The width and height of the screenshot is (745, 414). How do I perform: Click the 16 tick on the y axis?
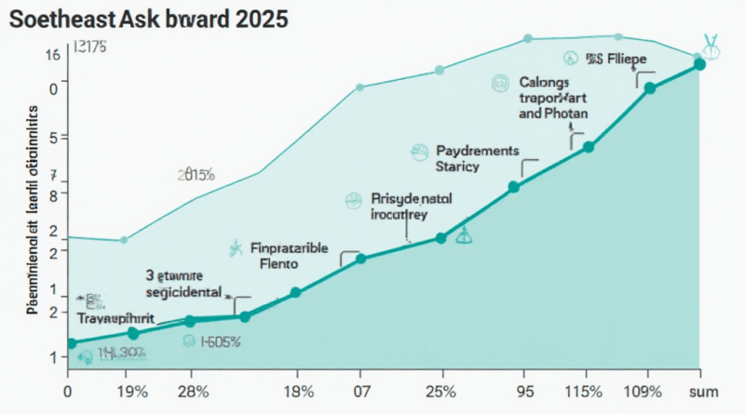click(x=53, y=55)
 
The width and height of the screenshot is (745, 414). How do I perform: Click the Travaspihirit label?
click(x=116, y=317)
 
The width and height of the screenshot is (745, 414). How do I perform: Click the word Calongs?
click(x=541, y=82)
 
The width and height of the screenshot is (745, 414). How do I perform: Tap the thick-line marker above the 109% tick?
click(x=650, y=87)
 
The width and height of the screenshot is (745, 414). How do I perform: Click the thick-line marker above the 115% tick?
click(x=588, y=146)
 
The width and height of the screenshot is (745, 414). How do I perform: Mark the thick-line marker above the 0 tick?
click(x=72, y=343)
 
